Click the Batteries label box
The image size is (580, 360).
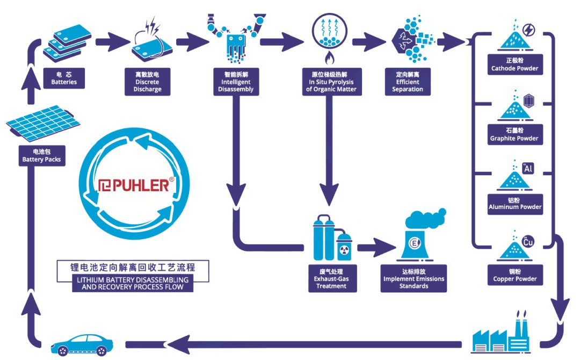(64, 78)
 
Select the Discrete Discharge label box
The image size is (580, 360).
(147, 82)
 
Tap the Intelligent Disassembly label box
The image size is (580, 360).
(237, 82)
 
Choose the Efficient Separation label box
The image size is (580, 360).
(408, 82)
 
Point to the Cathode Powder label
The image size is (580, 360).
(514, 64)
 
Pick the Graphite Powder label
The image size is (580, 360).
(514, 134)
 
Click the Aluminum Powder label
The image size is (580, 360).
(515, 203)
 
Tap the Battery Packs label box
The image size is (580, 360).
(41, 156)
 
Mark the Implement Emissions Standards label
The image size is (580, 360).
(414, 278)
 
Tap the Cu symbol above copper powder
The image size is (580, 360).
(528, 242)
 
